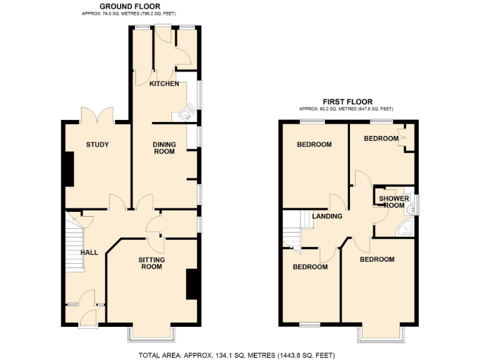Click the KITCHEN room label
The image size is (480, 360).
164,84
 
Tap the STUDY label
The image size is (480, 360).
97,145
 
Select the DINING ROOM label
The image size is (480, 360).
164,148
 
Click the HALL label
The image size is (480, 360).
89,252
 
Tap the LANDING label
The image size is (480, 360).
327,216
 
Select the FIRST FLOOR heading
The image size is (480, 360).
347,101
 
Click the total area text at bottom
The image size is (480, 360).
240,355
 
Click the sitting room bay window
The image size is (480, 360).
152,334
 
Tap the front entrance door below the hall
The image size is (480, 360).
86,316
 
